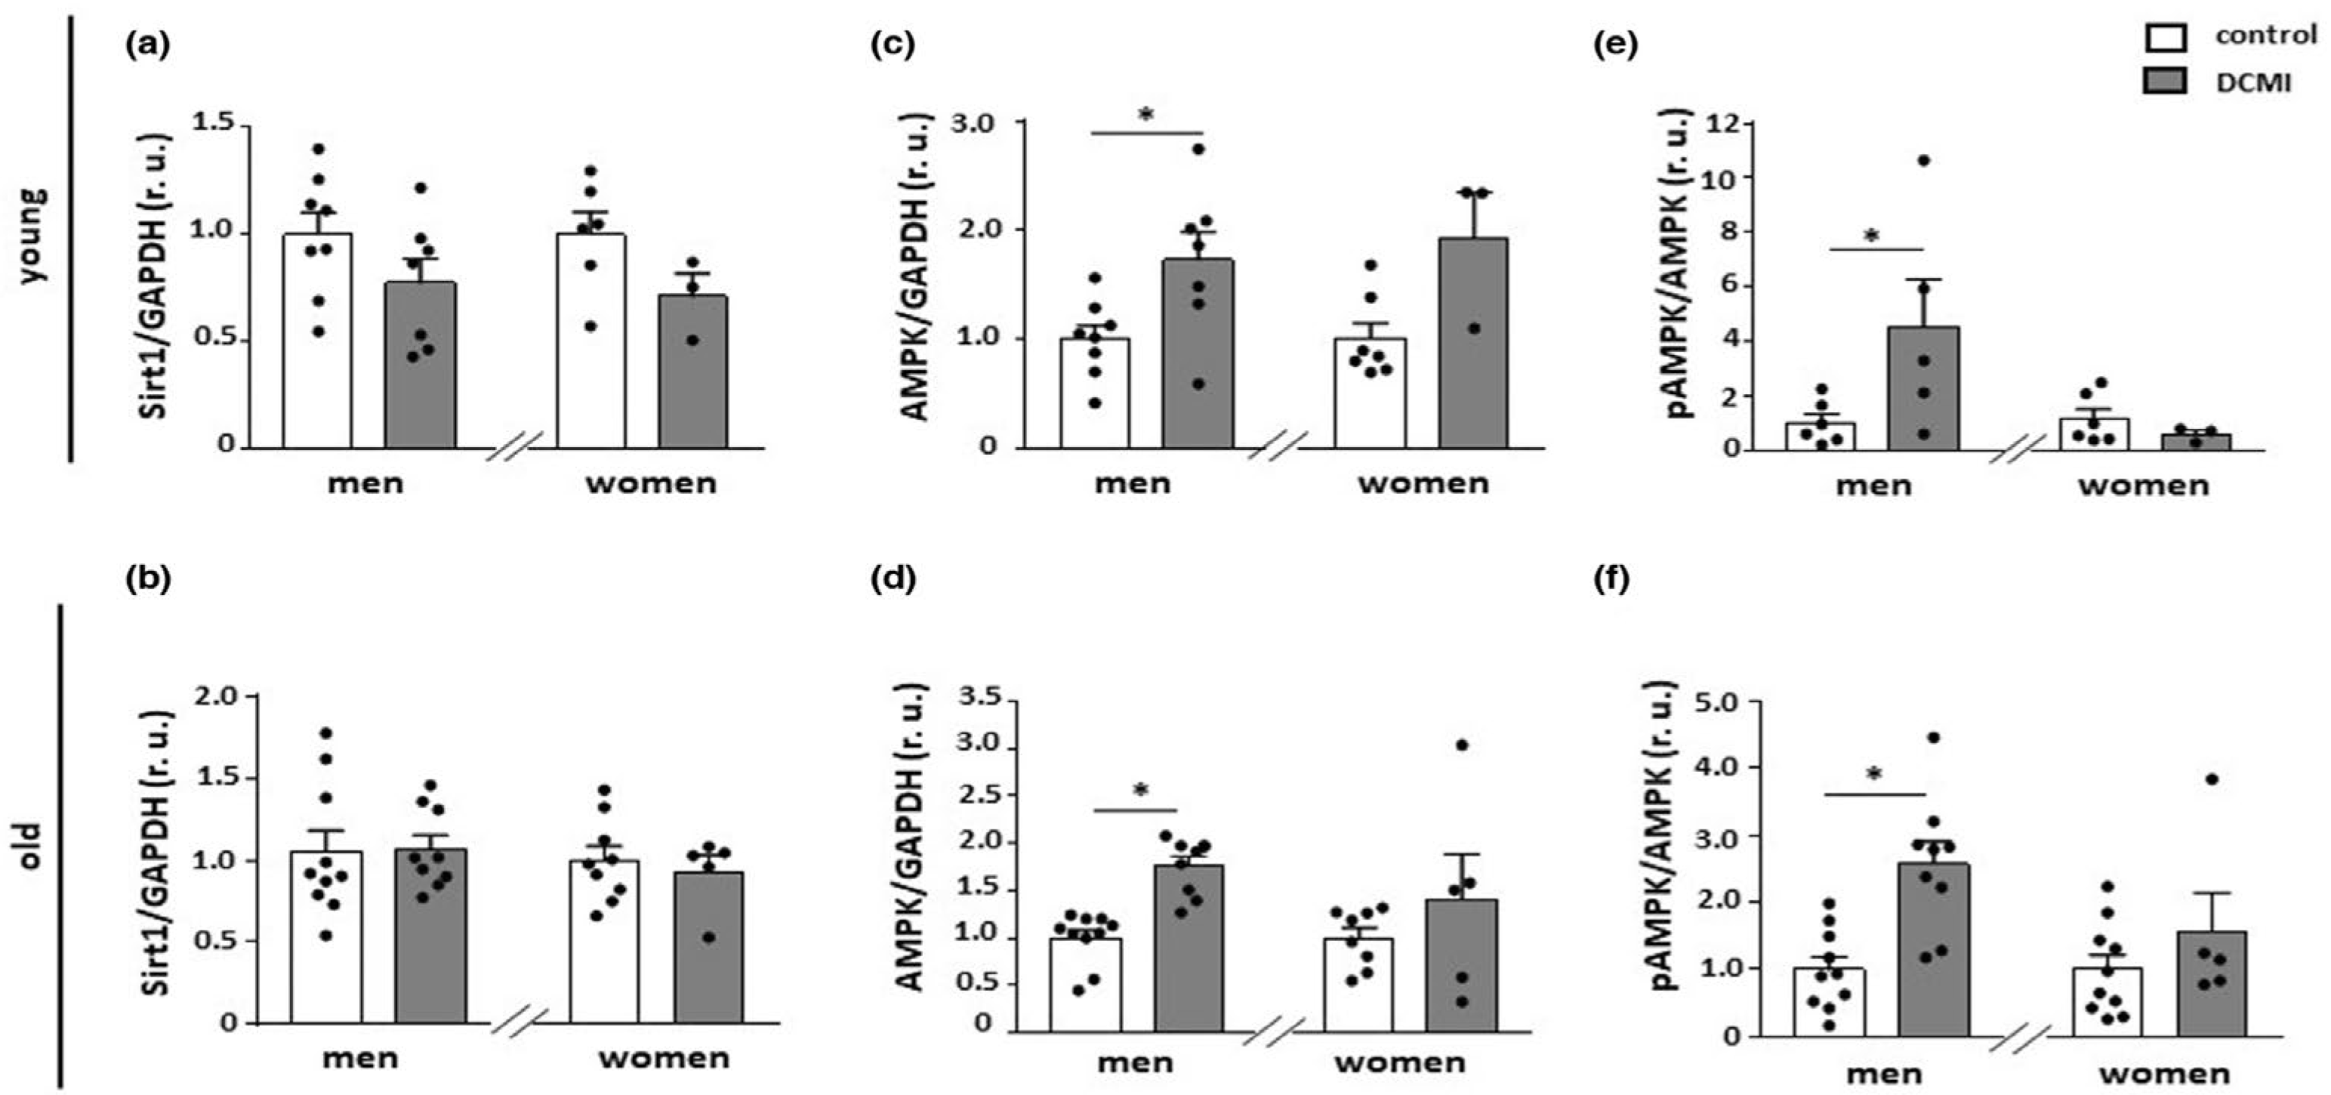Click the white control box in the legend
pos(2164,37)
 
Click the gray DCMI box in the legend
pos(2164,82)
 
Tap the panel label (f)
pos(1611,578)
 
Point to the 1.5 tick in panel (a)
pos(214,122)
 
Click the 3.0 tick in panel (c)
pos(972,122)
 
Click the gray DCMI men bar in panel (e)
pos(1924,389)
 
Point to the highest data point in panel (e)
pos(1924,160)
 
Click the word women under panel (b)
pos(664,1058)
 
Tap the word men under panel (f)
pos(1884,1074)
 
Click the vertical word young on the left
pos(32,236)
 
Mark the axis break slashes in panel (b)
pos(520,1022)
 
